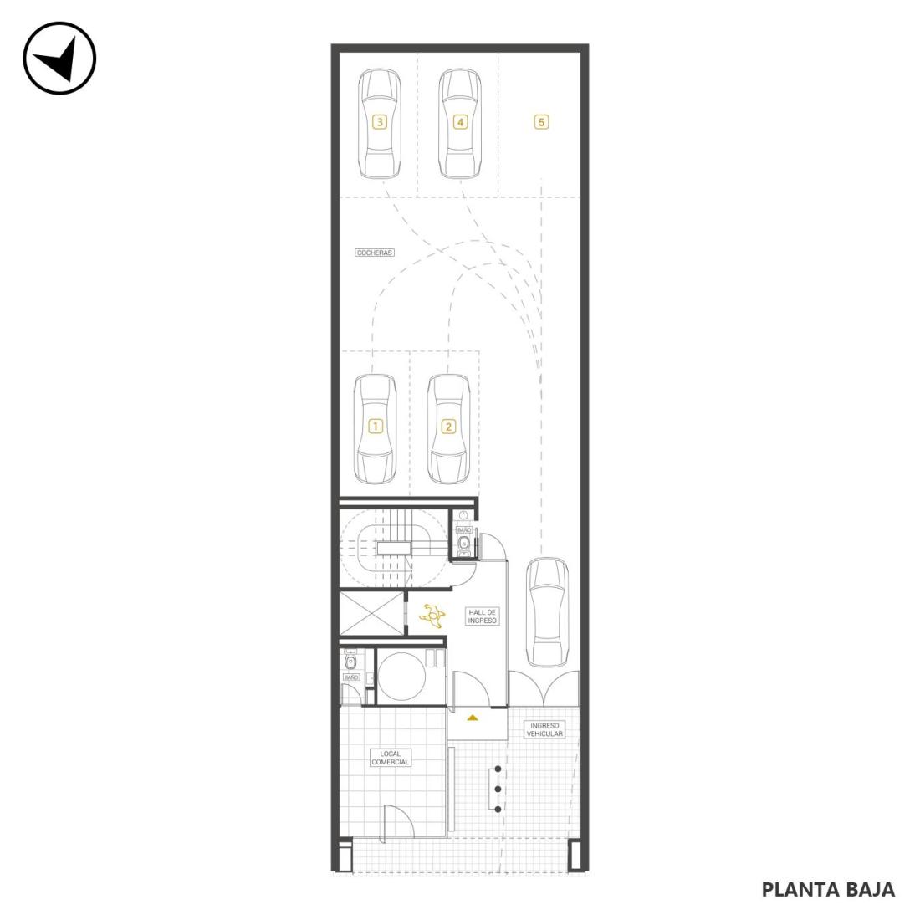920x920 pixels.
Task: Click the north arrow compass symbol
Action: coord(59,58)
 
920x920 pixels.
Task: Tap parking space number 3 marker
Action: coord(380,122)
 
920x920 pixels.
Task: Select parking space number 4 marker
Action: coord(460,122)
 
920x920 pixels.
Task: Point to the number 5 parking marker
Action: coord(541,122)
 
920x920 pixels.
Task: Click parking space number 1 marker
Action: coord(375,426)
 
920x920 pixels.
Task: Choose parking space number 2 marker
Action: coord(448,426)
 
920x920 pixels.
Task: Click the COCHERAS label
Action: coord(375,253)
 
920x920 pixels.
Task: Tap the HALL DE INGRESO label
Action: coord(483,616)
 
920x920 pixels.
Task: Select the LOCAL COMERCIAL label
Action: coord(391,758)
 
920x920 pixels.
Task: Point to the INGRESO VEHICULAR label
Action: coord(544,730)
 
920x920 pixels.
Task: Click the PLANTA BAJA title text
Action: coord(828,889)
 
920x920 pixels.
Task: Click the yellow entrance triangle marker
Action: coord(473,718)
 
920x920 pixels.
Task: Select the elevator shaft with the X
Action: coord(372,614)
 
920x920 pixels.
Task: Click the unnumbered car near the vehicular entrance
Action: coord(547,612)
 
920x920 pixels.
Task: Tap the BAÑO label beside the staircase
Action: coord(464,529)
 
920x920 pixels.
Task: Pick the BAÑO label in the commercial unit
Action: coord(351,677)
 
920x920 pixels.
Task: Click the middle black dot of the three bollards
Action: coord(498,790)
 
